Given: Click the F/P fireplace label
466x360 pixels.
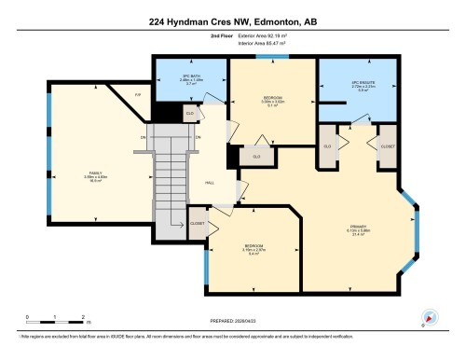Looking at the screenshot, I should pos(138,95).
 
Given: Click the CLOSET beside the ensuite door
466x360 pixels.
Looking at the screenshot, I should pos(386,146).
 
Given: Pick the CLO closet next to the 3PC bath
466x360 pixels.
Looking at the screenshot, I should pos(190,114).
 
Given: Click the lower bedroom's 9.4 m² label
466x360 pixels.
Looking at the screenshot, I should pos(253,254).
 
